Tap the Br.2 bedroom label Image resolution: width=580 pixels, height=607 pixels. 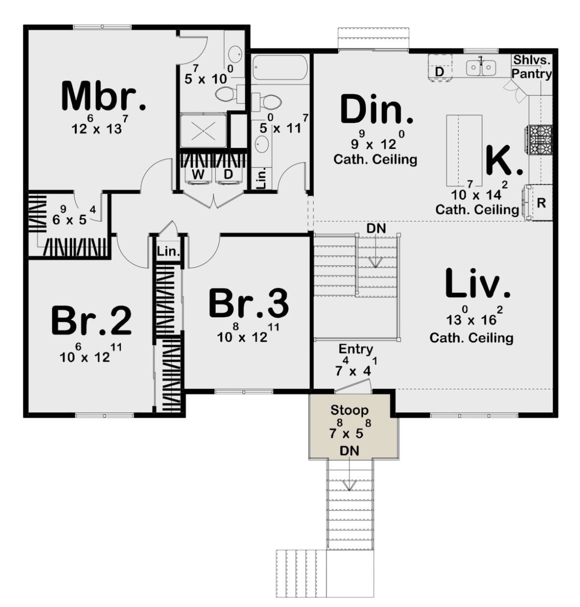coord(91,320)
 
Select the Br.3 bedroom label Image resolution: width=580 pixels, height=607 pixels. coord(248,303)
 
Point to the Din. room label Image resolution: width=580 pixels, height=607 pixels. coord(377,110)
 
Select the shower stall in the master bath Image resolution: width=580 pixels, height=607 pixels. coord(203,130)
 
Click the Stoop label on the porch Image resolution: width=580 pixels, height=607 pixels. coord(349,410)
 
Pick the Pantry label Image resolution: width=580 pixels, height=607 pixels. coord(532,74)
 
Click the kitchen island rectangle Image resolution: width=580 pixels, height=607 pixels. coord(464,150)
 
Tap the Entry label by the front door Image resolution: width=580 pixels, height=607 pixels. coord(356,349)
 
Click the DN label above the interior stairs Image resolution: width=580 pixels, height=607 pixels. coord(376,228)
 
